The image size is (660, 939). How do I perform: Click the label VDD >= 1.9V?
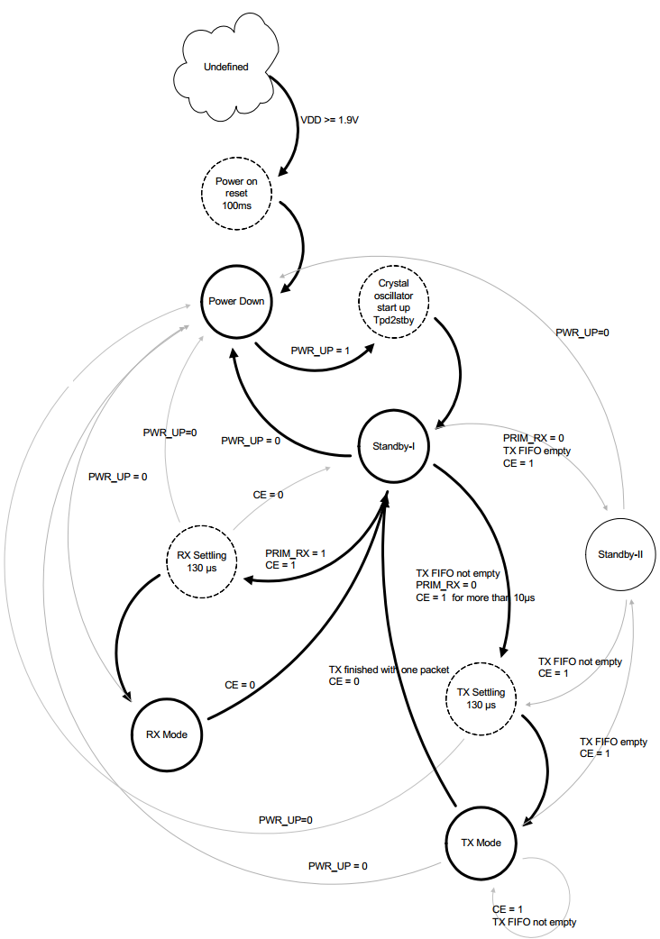(329, 120)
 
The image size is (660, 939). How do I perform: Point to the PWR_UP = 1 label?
(320, 351)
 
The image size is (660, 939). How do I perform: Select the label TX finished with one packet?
(389, 670)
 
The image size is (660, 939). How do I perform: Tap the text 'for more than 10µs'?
(493, 597)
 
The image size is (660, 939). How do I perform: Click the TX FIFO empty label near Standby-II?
(613, 742)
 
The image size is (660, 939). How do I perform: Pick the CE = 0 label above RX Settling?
(269, 495)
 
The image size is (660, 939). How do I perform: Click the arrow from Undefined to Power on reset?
(297, 126)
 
